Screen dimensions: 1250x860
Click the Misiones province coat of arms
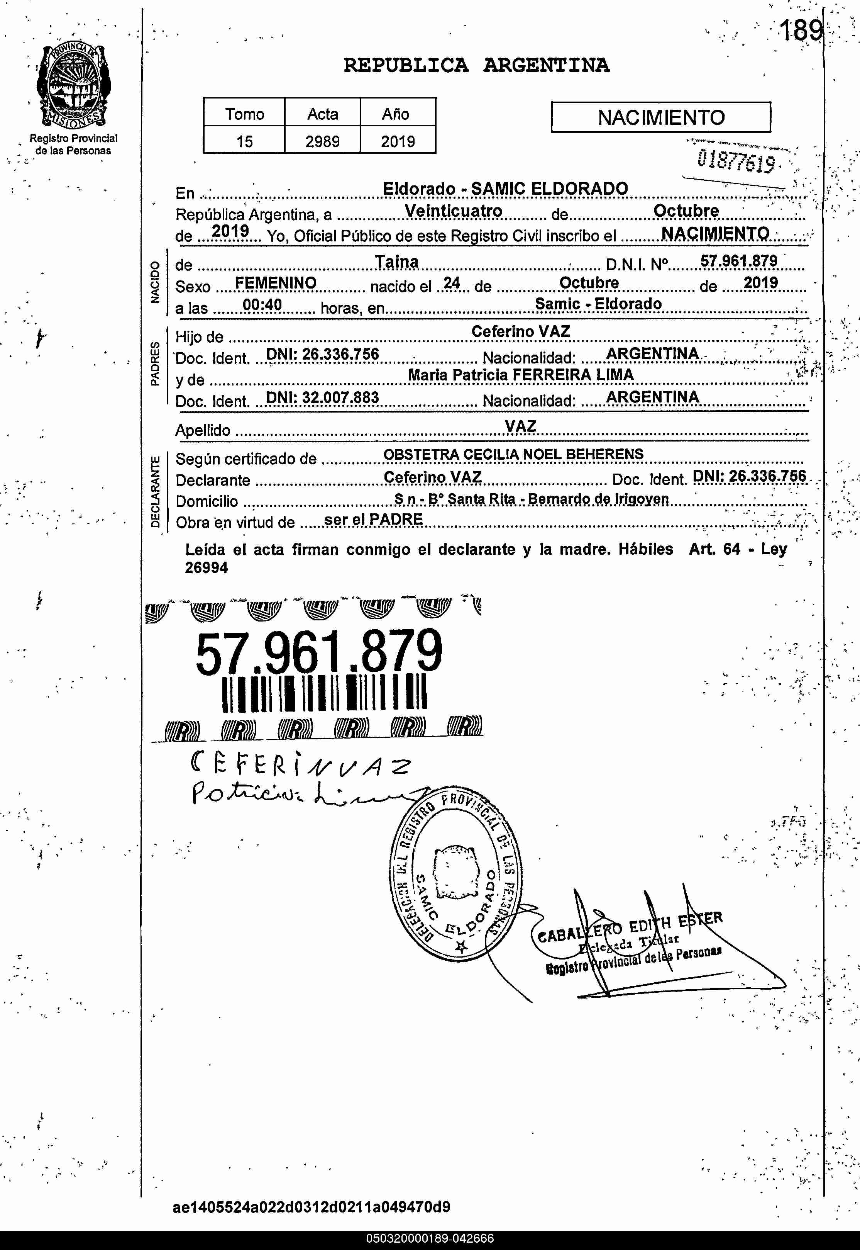pyautogui.click(x=74, y=85)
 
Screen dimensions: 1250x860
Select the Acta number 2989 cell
pyautogui.click(x=322, y=141)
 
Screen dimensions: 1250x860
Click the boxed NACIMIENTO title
pyautogui.click(x=660, y=117)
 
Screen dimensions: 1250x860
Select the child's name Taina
pyautogui.click(x=396, y=262)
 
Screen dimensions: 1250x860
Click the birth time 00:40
pyautogui.click(x=262, y=305)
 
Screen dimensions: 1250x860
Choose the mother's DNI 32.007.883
pyautogui.click(x=322, y=397)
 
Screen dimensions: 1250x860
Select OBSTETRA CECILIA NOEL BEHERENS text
pyautogui.click(x=513, y=454)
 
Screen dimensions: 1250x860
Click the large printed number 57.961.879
pyautogui.click(x=318, y=653)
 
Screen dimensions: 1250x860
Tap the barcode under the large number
pyautogui.click(x=324, y=693)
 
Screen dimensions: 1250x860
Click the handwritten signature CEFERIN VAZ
pyautogui.click(x=301, y=765)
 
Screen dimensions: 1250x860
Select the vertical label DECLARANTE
pyautogui.click(x=155, y=491)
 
